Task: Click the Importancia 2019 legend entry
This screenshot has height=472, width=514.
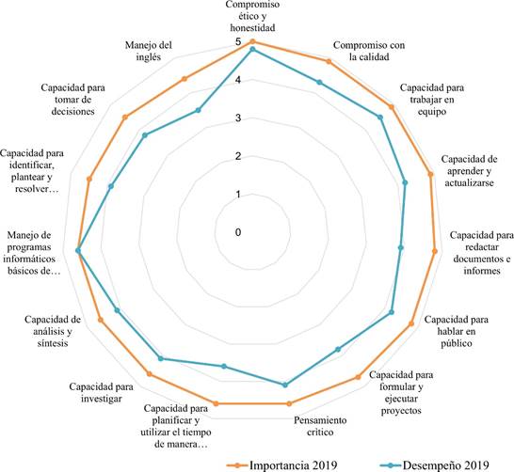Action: pyautogui.click(x=281, y=465)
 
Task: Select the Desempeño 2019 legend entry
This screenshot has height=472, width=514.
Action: pyautogui.click(x=434, y=465)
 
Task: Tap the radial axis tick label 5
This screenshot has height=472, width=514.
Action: pyautogui.click(x=238, y=42)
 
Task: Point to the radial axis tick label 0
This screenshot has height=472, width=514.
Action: pyautogui.click(x=238, y=232)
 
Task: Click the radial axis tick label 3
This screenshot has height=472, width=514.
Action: pyautogui.click(x=238, y=118)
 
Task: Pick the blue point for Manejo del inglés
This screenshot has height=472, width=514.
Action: pyautogui.click(x=198, y=110)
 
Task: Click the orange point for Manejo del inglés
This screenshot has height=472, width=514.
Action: pyautogui.click(x=185, y=79)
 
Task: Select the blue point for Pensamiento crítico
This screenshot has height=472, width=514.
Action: pyautogui.click(x=285, y=385)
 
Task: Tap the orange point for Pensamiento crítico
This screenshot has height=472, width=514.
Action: pyautogui.click(x=289, y=404)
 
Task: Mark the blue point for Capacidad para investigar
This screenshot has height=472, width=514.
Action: pyautogui.click(x=160, y=358)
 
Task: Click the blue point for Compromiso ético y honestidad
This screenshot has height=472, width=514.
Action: pyautogui.click(x=252, y=49)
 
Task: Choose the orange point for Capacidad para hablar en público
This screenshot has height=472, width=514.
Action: pyautogui.click(x=411, y=323)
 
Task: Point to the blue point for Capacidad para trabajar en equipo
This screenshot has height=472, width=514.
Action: pyautogui.click(x=380, y=118)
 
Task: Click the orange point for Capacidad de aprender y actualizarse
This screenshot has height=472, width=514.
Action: pyautogui.click(x=431, y=175)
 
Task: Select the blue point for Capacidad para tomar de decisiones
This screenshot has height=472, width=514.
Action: pyautogui.click(x=145, y=134)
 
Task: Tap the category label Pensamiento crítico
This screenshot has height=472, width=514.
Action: pyautogui.click(x=320, y=426)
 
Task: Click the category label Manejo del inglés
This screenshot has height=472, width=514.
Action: pyautogui.click(x=149, y=51)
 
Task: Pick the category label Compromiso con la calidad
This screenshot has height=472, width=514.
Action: pyautogui.click(x=369, y=51)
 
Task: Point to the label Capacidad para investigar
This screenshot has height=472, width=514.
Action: pyautogui.click(x=102, y=392)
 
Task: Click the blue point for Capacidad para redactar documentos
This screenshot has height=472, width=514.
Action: pyautogui.click(x=400, y=248)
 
